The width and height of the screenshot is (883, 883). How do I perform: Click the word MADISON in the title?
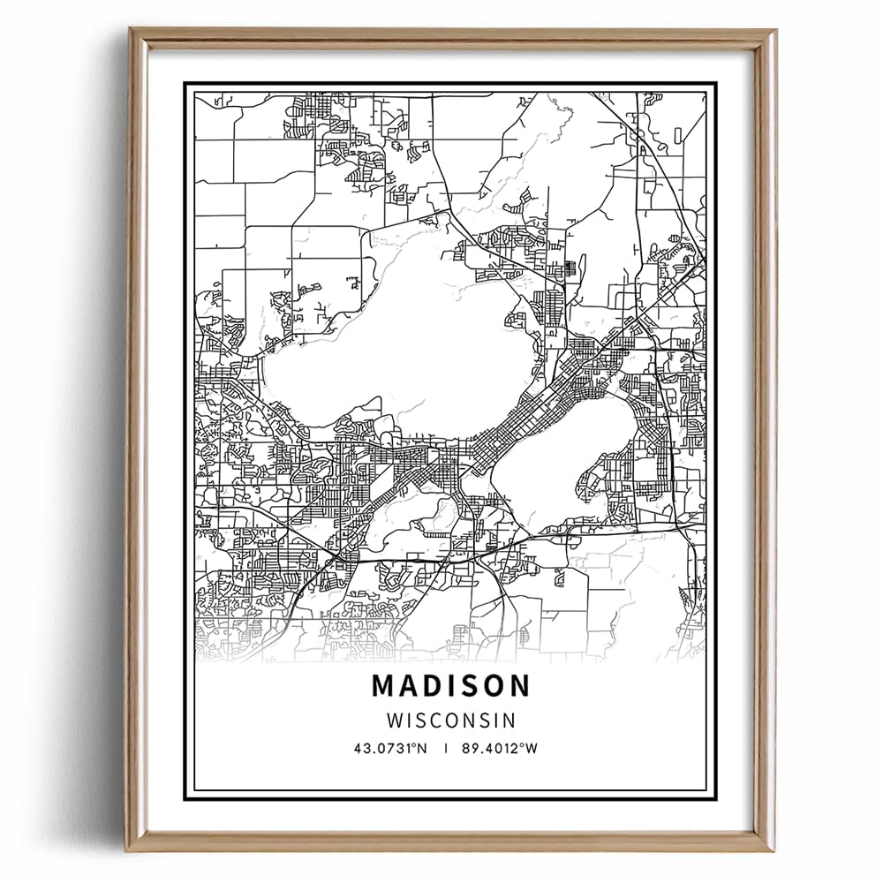coord(451,685)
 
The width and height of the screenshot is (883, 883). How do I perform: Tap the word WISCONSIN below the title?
coord(451,720)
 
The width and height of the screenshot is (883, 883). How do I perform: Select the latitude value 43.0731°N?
coord(390,748)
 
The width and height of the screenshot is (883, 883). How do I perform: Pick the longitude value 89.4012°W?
coord(500,748)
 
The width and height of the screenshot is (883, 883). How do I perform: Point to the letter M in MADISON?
coord(383,685)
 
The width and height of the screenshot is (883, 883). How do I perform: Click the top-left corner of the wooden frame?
coord(132,32)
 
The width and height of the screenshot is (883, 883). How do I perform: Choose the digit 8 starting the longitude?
coord(465,748)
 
